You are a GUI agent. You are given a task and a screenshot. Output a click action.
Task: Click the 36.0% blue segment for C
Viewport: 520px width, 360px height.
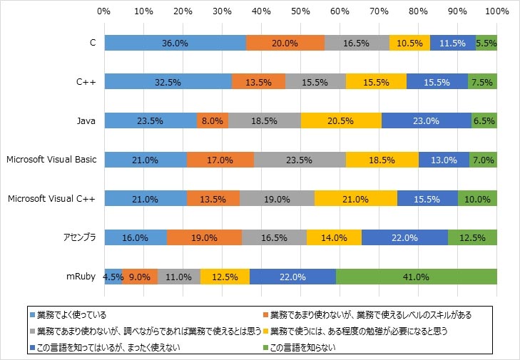[175, 43]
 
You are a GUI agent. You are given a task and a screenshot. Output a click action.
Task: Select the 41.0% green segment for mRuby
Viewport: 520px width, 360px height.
[416, 277]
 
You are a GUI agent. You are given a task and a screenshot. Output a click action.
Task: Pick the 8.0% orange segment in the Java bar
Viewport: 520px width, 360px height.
[213, 121]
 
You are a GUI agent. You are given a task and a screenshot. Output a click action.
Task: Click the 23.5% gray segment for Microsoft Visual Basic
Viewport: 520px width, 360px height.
[300, 160]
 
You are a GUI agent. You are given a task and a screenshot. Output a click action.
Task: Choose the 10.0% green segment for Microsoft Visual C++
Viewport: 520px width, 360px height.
[477, 199]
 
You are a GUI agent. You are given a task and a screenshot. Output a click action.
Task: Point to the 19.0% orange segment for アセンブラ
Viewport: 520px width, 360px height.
[205, 237]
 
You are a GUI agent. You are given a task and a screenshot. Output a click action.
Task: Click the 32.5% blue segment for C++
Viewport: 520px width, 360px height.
[168, 82]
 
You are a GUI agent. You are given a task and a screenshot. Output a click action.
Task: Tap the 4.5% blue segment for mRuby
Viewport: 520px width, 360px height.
[113, 277]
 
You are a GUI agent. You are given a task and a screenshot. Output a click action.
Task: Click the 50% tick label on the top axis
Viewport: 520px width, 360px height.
[300, 12]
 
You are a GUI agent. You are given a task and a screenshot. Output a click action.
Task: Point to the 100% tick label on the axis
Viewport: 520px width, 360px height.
[496, 12]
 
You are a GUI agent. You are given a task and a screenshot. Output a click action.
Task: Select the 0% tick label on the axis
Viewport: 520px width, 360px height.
[103, 12]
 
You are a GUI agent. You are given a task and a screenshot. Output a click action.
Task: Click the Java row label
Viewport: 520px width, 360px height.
[86, 121]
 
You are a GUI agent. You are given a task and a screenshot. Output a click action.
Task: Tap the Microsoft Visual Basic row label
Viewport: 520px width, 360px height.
[51, 160]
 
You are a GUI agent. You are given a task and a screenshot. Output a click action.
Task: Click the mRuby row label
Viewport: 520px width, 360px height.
[83, 277]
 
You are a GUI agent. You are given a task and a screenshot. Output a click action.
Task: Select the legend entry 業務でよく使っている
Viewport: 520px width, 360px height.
[71, 314]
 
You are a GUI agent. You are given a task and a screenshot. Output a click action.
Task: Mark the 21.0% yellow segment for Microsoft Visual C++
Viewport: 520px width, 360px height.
[355, 199]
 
